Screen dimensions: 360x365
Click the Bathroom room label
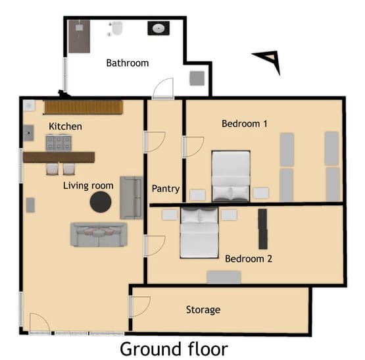pyautogui.click(x=128, y=63)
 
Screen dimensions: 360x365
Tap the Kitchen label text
pyautogui.click(x=66, y=126)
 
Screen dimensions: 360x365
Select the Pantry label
pyautogui.click(x=166, y=189)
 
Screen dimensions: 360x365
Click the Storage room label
pyautogui.click(x=203, y=309)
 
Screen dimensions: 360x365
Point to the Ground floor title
pyautogui.click(x=174, y=347)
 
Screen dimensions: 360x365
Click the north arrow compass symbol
pyautogui.click(x=268, y=61)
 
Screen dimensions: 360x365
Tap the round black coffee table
pyautogui.click(x=101, y=202)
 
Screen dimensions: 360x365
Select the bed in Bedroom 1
pyautogui.click(x=231, y=175)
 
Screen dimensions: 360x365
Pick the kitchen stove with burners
pyautogui.click(x=59, y=143)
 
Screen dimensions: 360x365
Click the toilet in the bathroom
pyautogui.click(x=117, y=29)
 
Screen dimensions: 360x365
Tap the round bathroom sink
pyautogui.click(x=158, y=28)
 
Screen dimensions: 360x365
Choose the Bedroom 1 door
pyautogui.click(x=193, y=146)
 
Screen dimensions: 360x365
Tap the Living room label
pyautogui.click(x=88, y=186)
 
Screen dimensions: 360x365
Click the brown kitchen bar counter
pyautogui.click(x=59, y=157)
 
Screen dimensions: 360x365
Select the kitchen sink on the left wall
pyautogui.click(x=29, y=133)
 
